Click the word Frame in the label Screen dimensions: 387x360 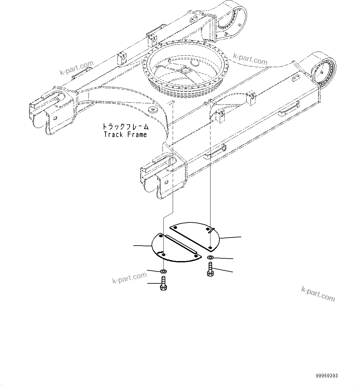(x=137, y=135)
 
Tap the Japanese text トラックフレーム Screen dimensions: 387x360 (x=126, y=127)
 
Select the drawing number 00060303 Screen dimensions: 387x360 (x=327, y=376)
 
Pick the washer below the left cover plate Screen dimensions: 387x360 (x=163, y=271)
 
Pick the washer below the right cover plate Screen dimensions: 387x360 (x=210, y=258)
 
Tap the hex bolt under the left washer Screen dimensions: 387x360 (x=163, y=283)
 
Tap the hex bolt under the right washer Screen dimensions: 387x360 (x=210, y=269)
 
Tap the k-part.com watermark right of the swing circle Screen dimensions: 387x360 (x=250, y=59)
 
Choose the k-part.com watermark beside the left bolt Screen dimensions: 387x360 (x=129, y=277)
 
